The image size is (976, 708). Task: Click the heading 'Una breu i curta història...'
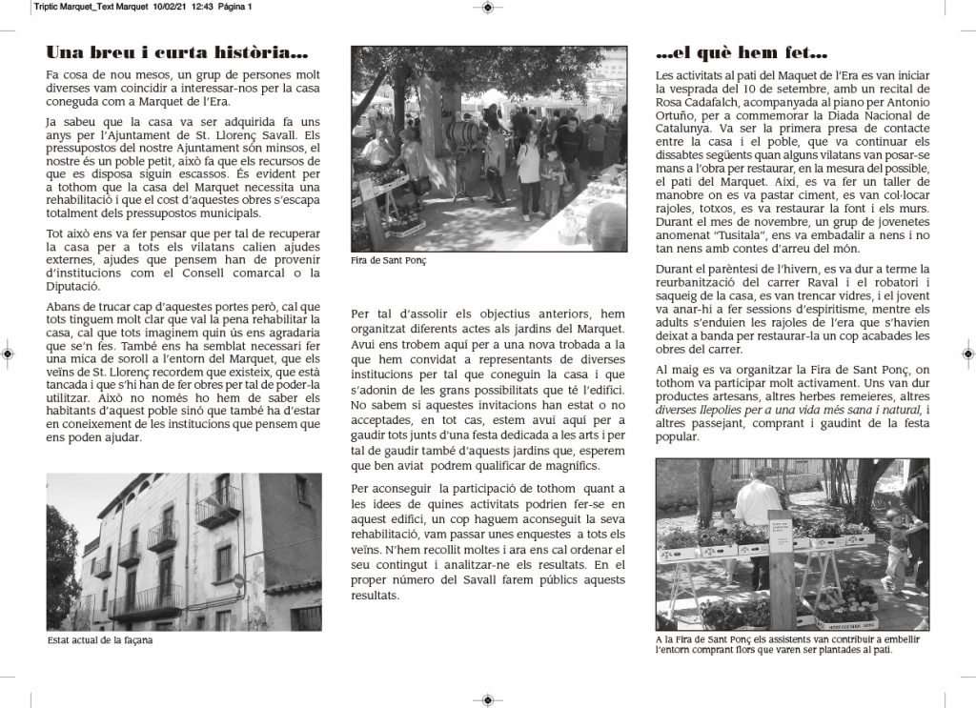pos(177,53)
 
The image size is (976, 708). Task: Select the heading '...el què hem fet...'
pos(742,53)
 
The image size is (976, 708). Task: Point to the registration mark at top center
pos(487,8)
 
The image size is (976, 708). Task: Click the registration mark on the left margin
pos(9,354)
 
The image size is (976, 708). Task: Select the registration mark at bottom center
pos(487,699)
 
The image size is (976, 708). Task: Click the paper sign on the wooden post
pos(781,532)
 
